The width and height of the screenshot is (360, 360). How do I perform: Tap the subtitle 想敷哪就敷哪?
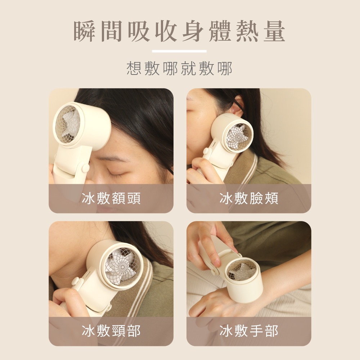click(180, 68)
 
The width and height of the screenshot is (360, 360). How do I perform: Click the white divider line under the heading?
click(179, 51)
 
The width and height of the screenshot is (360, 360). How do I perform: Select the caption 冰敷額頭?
click(111, 198)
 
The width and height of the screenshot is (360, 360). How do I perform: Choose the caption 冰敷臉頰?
click(249, 198)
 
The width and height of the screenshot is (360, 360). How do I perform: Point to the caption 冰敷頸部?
click(111, 331)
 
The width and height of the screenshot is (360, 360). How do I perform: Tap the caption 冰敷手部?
click(249, 331)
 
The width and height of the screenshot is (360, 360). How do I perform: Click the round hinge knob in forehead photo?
click(85, 168)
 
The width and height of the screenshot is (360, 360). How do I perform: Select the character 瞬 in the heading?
click(85, 32)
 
